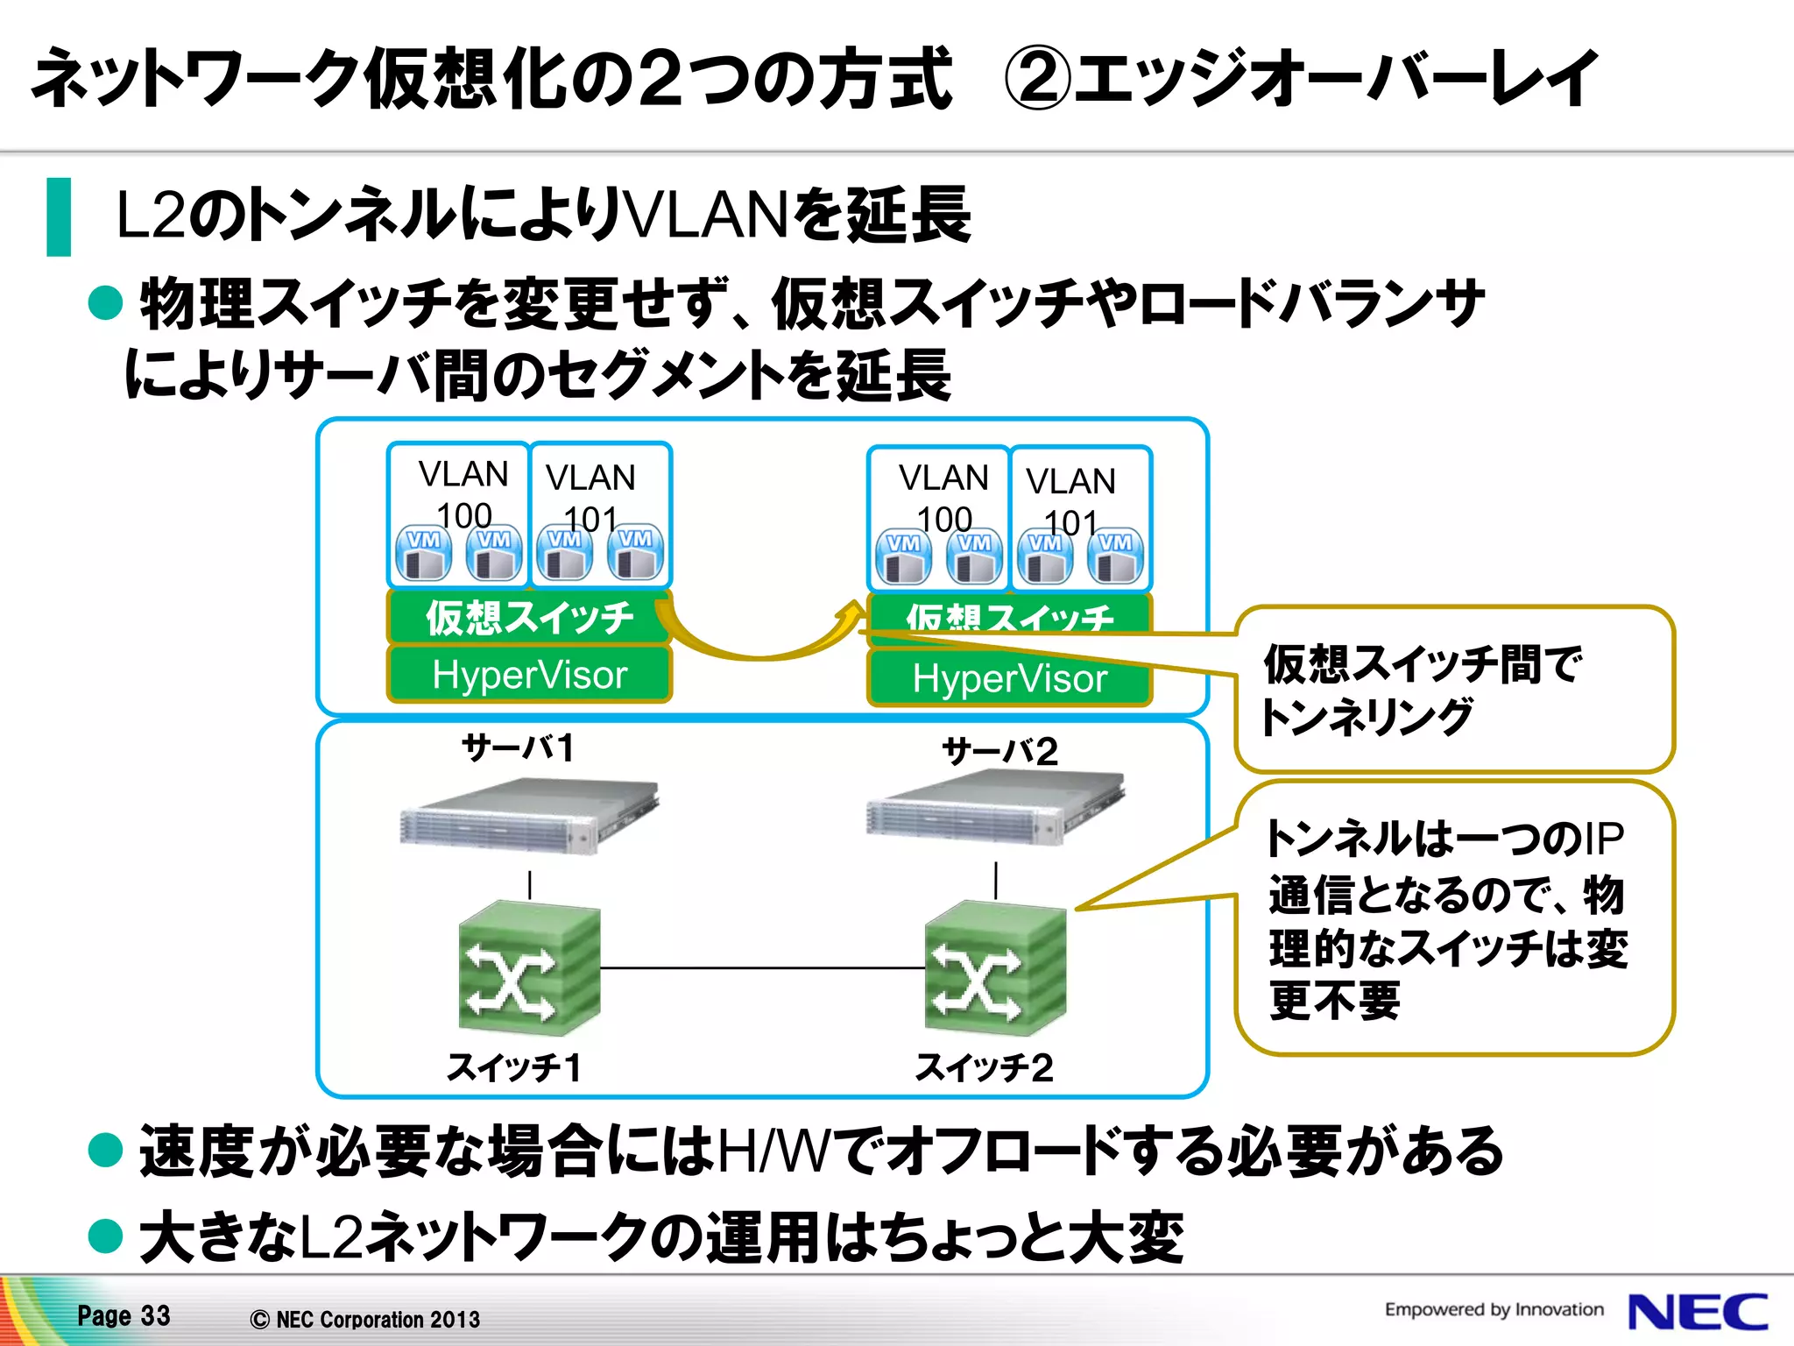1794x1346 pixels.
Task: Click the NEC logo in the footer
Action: [x=1697, y=1312]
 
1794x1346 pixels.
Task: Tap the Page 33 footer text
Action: [x=124, y=1315]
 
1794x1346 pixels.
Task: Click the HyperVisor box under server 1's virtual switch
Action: [x=529, y=675]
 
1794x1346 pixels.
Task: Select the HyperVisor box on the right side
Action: [x=1009, y=678]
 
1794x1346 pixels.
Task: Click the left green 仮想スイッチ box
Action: [x=529, y=617]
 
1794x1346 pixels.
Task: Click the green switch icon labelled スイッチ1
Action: [x=529, y=968]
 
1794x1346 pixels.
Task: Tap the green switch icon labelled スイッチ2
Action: [x=995, y=968]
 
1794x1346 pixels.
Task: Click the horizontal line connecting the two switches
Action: [x=762, y=967]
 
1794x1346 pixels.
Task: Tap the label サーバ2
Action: [x=999, y=751]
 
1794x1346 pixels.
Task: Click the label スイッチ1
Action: [x=514, y=1067]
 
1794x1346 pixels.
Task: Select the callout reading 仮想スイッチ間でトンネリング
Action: [x=1454, y=689]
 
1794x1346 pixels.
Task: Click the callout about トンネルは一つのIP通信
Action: [x=1454, y=918]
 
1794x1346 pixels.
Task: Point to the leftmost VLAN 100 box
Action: [x=459, y=515]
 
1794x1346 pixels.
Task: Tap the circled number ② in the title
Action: [x=1036, y=79]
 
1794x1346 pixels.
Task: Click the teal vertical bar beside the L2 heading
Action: [x=59, y=216]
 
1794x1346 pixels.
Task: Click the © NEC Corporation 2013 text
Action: [x=365, y=1319]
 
